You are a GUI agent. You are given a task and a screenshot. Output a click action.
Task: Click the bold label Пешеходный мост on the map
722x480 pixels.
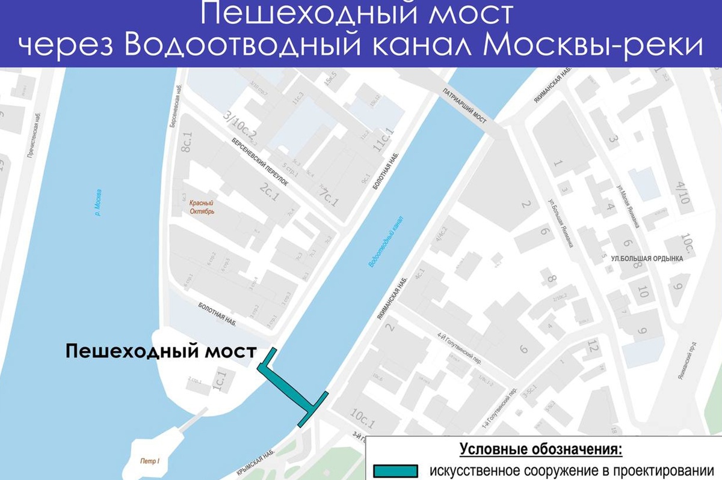[x=161, y=351]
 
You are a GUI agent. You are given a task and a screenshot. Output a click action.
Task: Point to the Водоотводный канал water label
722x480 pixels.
[x=385, y=240]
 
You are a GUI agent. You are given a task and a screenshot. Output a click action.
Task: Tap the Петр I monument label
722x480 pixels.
[x=150, y=461]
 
